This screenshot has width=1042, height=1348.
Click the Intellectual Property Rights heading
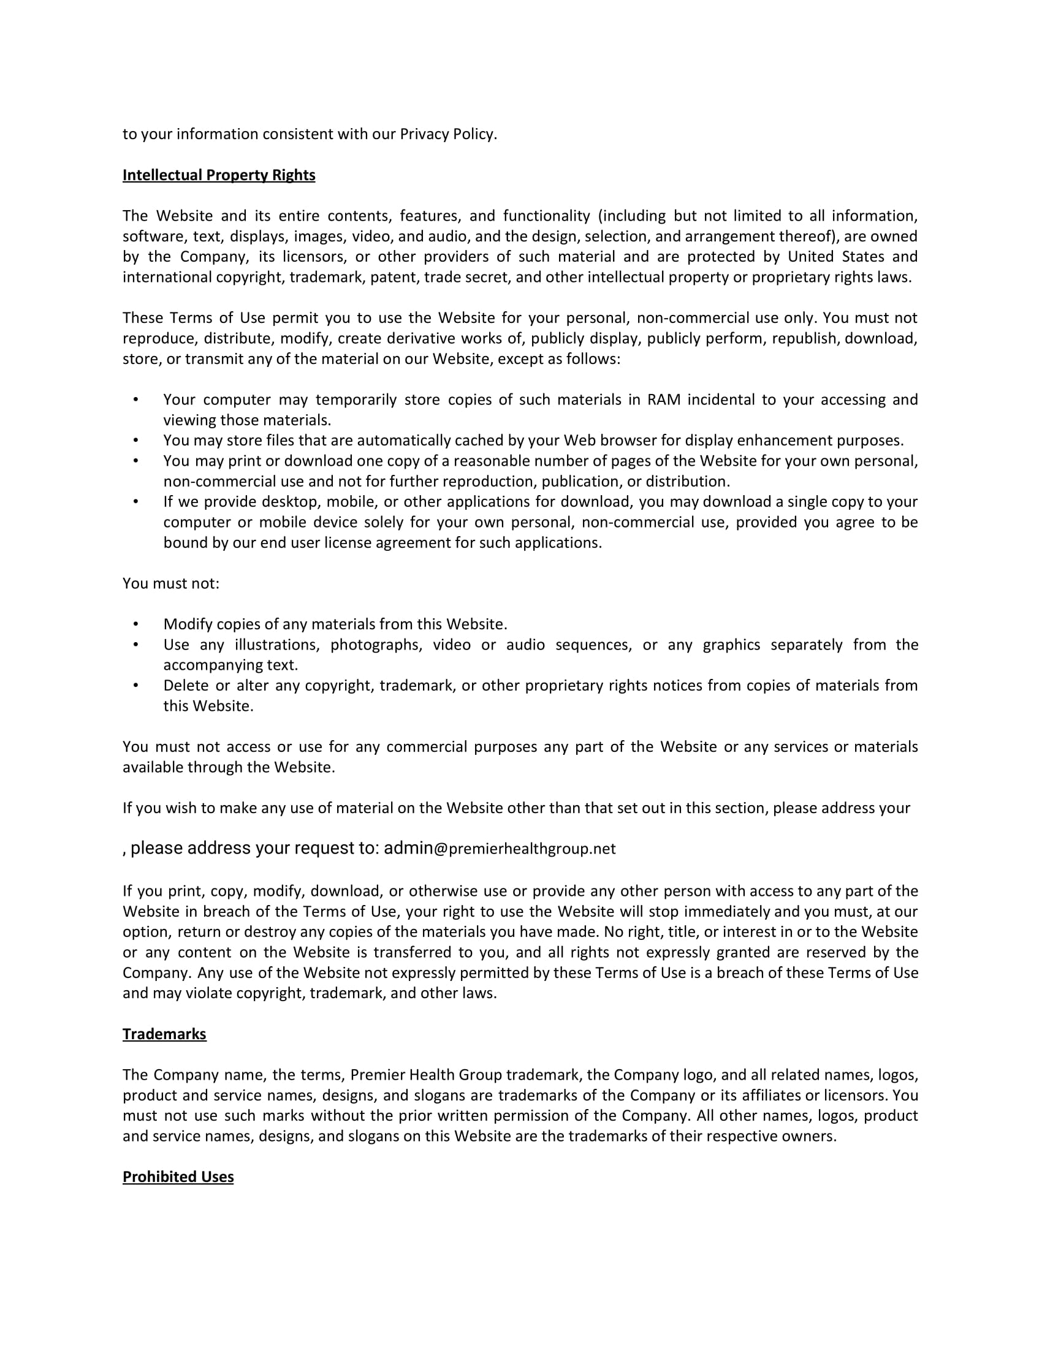(x=219, y=175)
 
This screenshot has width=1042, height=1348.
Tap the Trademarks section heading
(x=164, y=1034)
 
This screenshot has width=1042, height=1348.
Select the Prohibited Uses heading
(x=178, y=1176)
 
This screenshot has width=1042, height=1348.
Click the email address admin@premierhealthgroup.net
(x=500, y=849)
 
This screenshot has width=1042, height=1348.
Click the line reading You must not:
(x=171, y=583)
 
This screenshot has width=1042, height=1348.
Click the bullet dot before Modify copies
(x=136, y=624)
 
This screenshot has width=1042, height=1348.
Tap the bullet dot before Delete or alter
(x=136, y=685)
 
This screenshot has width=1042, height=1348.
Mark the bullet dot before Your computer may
(x=136, y=400)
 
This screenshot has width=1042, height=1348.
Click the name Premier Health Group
(x=426, y=1075)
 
